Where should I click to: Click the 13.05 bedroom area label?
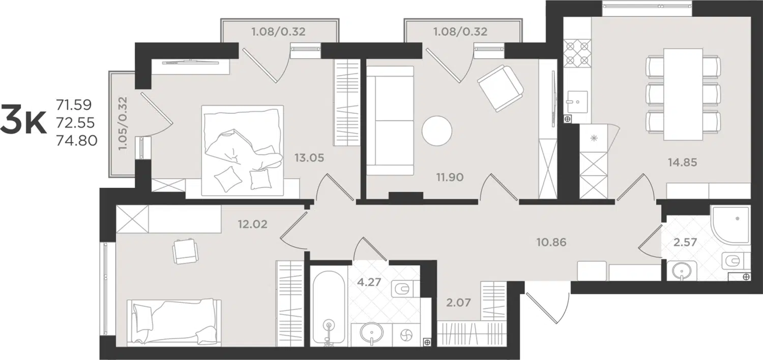click(x=309, y=158)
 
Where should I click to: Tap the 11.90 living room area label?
click(x=450, y=177)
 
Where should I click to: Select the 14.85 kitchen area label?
click(x=682, y=162)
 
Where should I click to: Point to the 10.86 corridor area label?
click(x=551, y=242)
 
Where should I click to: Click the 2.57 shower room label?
click(x=685, y=242)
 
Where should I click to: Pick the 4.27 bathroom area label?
click(x=369, y=282)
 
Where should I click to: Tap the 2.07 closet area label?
click(x=458, y=302)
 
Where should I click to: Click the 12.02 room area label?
click(x=252, y=224)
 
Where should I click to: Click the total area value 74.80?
click(x=77, y=140)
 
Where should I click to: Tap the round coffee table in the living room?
click(x=437, y=131)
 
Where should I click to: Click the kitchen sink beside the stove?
click(x=577, y=102)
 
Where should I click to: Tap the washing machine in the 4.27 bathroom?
click(x=406, y=335)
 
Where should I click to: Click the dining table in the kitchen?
click(x=683, y=94)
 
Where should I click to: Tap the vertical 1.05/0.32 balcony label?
click(x=123, y=123)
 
